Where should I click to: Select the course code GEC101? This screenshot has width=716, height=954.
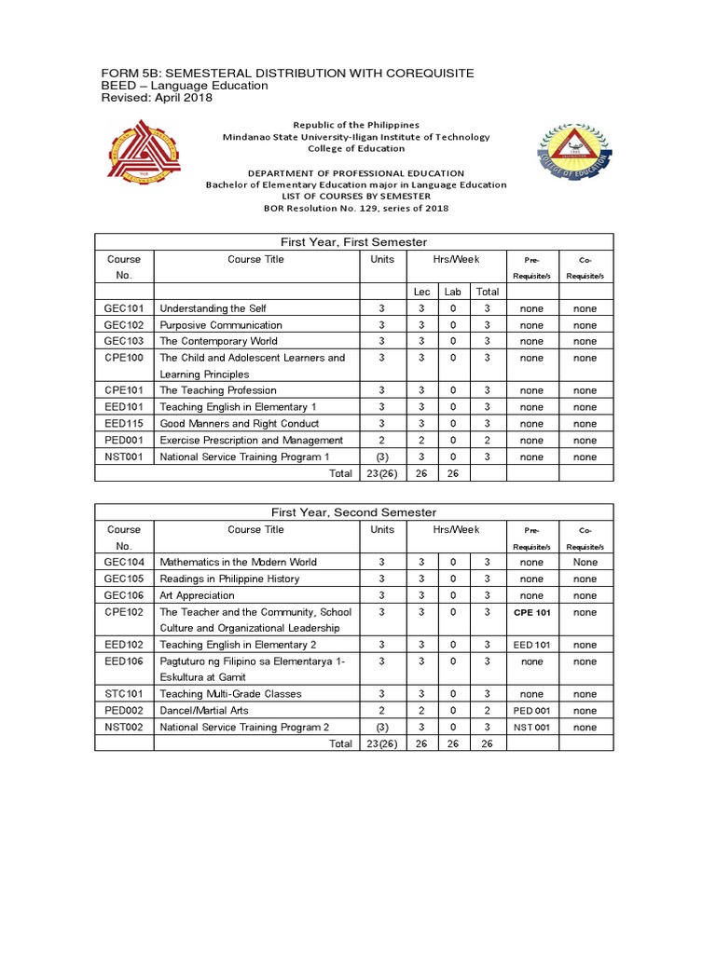coord(124,308)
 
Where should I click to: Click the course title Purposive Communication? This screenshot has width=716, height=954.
coord(220,325)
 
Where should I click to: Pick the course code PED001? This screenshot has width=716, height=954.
coord(124,440)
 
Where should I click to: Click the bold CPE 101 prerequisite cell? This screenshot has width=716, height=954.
coord(531,612)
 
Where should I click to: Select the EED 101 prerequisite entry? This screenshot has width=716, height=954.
coord(531,645)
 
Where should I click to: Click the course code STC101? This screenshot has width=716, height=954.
coord(124,694)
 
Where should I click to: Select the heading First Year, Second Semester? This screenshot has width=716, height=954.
coord(352,512)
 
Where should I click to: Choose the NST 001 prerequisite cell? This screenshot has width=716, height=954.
coord(531,728)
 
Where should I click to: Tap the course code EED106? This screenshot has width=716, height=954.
coord(124,661)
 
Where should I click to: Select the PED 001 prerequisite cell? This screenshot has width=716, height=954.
coord(531,711)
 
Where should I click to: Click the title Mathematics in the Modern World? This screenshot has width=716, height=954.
coord(238,563)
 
